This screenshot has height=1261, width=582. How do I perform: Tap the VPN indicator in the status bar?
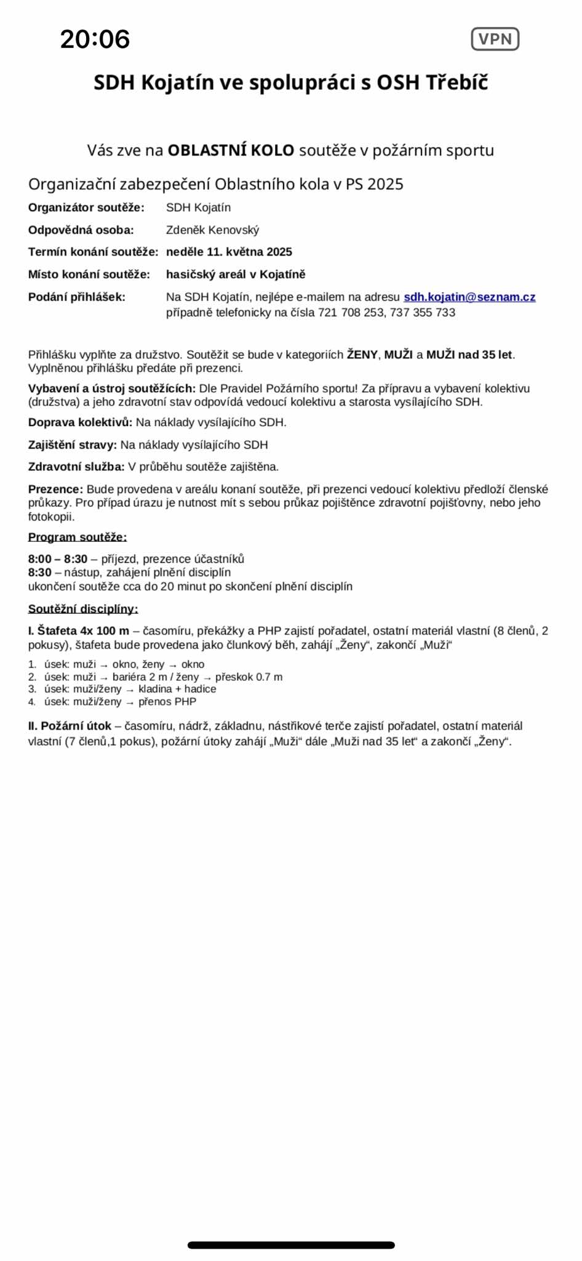[495, 39]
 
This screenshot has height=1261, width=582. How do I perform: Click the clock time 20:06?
[95, 39]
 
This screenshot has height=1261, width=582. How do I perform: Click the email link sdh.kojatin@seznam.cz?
[469, 297]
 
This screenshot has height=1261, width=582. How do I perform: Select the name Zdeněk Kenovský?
[212, 230]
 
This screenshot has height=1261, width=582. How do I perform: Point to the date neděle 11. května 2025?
[229, 252]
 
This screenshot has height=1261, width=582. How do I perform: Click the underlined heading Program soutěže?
[78, 537]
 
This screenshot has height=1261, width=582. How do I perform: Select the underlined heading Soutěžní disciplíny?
[83, 609]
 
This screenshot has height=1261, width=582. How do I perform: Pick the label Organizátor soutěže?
[86, 207]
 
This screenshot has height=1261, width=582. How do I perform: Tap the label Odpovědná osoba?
[81, 230]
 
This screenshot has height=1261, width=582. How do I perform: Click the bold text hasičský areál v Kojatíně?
[236, 274]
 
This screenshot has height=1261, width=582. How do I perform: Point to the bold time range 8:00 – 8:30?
[58, 559]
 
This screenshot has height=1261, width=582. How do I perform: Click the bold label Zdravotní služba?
[76, 467]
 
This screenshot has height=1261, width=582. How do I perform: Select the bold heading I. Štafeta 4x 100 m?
[79, 630]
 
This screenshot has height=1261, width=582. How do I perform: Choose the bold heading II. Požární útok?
[70, 726]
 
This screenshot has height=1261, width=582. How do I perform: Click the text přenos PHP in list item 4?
[167, 701]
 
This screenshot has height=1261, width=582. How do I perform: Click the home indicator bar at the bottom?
[291, 1245]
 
